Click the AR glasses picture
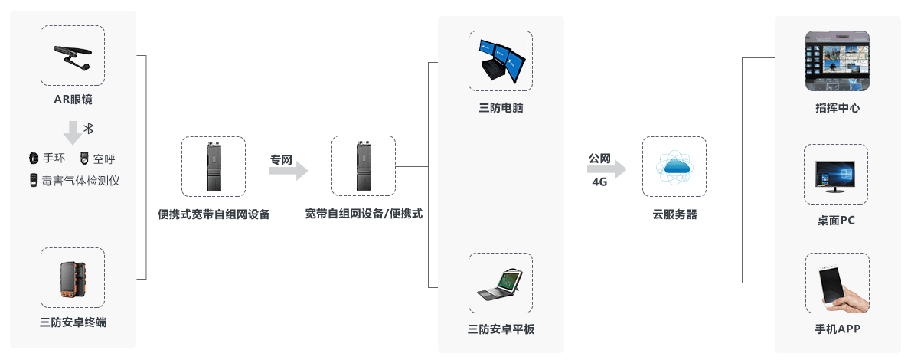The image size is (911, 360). point(73,56)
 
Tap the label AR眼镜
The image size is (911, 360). point(73,100)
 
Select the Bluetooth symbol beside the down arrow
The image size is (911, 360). point(88,127)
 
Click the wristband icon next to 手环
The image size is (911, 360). point(33,159)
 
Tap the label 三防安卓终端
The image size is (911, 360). point(73,322)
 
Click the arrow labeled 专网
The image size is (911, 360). point(289,171)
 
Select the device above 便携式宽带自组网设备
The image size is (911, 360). point(214,166)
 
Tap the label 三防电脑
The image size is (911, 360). point(501,108)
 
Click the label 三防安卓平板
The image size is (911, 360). point(501,329)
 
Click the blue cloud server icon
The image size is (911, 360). point(674,168)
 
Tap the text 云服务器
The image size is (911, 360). point(674,215)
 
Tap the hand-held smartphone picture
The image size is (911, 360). point(836,283)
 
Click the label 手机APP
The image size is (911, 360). point(838,329)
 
